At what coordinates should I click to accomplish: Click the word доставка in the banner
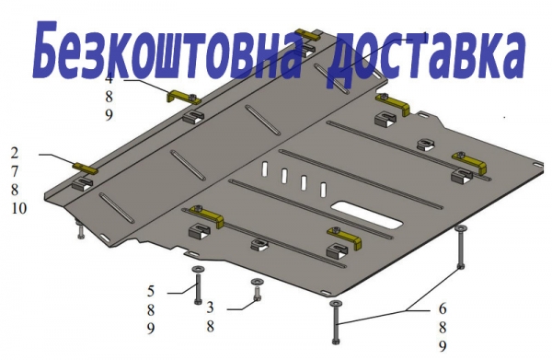pos(425,56)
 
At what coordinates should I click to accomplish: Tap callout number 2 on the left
pos(15,153)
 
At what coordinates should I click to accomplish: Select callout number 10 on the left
pos(19,208)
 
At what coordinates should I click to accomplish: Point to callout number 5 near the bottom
pos(151,291)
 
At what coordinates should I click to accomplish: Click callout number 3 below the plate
pos(210,308)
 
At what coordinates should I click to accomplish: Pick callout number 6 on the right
pos(443,309)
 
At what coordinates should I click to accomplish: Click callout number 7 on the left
pos(15,171)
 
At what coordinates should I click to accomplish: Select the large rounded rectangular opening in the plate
pos(367,215)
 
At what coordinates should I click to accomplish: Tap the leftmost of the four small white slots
pos(264,168)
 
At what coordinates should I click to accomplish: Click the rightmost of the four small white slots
pos(323,190)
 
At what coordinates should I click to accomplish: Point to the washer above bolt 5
pos(198,270)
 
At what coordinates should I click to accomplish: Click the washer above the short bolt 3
pos(257,282)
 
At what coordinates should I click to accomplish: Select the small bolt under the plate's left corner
pos(81,231)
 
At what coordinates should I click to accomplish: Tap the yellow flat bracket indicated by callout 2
pos(85,167)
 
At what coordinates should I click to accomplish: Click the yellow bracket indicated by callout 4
pos(183,97)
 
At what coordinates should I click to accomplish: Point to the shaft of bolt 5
pos(198,287)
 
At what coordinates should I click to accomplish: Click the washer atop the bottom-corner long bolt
pos(336,303)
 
